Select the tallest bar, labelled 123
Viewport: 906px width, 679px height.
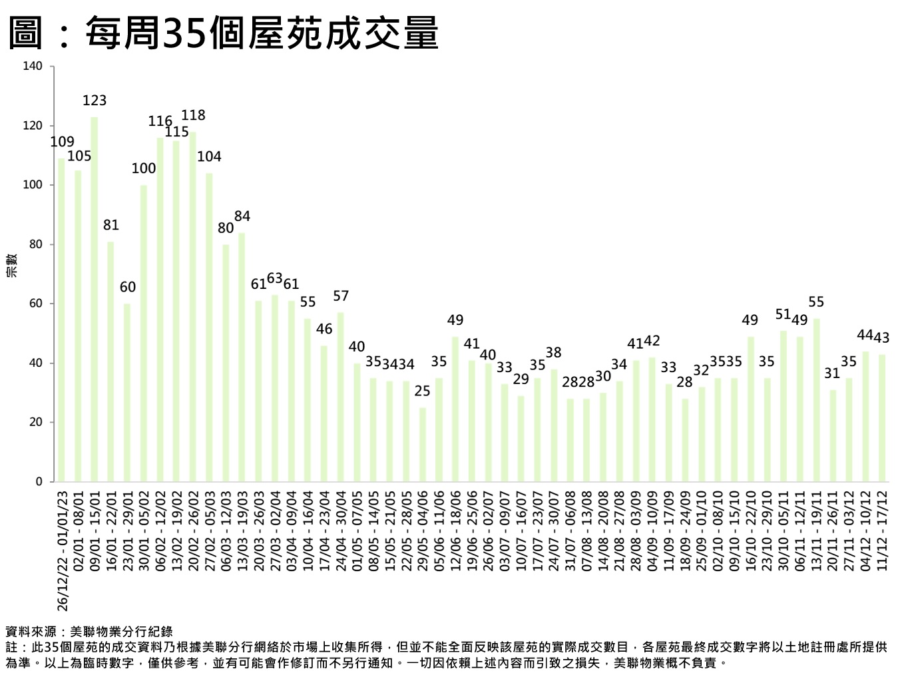point(95,300)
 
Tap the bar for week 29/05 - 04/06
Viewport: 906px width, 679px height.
point(423,445)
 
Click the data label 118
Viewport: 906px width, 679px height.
point(194,115)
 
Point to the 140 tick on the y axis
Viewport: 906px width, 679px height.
point(33,67)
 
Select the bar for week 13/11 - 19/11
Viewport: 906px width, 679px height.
point(816,400)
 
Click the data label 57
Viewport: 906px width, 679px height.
point(341,296)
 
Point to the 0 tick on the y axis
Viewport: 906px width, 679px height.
point(39,481)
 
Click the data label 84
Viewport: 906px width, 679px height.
point(242,216)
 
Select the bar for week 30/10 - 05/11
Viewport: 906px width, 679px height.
point(784,406)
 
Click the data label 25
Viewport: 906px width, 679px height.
point(423,391)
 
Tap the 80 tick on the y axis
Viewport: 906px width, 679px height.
point(36,244)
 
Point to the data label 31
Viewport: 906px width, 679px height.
point(833,373)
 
